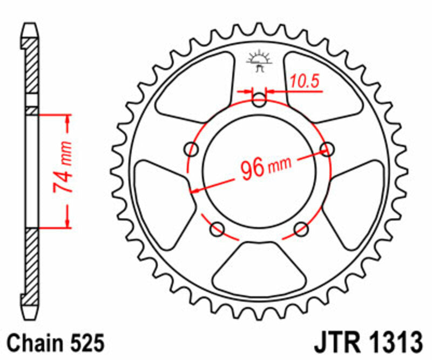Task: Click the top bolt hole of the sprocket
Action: [259, 100]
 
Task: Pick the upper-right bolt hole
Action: [326, 148]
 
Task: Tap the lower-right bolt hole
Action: [300, 229]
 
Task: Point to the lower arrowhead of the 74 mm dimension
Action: [67, 222]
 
